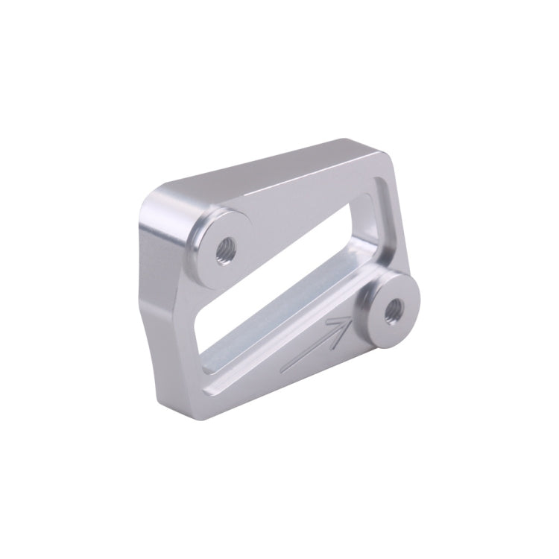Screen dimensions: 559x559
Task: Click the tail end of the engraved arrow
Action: point(285,370)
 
